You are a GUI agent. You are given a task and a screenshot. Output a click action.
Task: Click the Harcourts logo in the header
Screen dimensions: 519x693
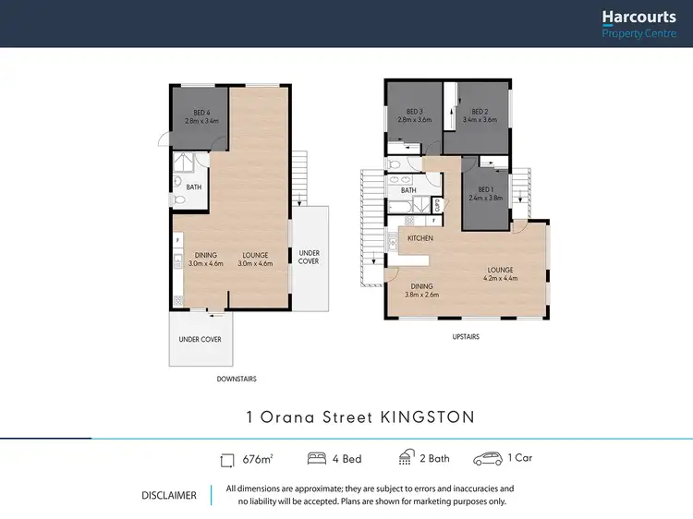[637, 23]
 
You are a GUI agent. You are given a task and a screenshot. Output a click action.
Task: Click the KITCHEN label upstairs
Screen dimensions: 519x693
[420, 238]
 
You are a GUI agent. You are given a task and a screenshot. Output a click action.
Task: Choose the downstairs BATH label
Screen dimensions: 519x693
[194, 187]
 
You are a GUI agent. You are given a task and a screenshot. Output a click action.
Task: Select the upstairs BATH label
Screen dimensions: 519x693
[408, 190]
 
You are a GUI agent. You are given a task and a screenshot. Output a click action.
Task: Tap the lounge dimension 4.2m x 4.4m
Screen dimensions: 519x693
[500, 278]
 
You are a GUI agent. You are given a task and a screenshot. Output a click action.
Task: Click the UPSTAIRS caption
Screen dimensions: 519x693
[465, 337]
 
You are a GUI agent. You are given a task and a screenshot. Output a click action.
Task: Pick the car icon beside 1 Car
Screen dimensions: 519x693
[487, 459]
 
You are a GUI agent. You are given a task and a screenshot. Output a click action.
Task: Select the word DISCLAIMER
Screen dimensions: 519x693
[168, 495]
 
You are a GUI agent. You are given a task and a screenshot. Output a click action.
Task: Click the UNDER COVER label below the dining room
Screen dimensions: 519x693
[200, 339]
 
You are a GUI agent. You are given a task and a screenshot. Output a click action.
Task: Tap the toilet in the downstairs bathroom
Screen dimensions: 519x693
[178, 200]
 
